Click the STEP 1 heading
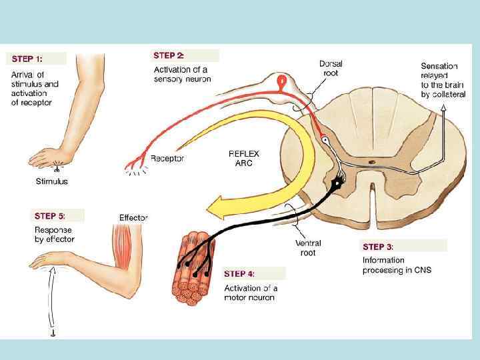click(x=27, y=59)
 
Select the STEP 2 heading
click(x=169, y=55)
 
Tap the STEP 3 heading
click(x=378, y=247)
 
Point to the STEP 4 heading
click(x=239, y=273)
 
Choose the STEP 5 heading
click(x=49, y=215)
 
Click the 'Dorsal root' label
click(x=331, y=68)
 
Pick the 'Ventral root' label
click(x=308, y=248)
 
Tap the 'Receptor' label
click(x=167, y=159)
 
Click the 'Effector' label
click(x=133, y=217)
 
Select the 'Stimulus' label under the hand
click(x=51, y=181)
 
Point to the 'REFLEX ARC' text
click(x=244, y=158)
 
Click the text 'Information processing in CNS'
click(x=397, y=265)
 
